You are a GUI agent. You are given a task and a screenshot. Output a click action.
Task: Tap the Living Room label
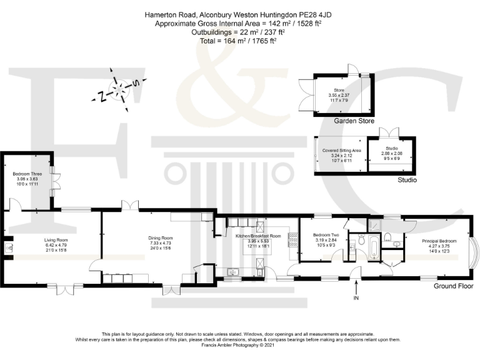pos(56,240)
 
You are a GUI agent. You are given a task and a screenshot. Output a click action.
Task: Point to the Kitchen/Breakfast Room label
pos(258,236)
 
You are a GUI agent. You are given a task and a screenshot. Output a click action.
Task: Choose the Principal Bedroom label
pos(439,241)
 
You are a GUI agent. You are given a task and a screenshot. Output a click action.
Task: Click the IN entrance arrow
pos(357,288)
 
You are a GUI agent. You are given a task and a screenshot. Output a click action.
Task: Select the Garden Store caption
pos(354,121)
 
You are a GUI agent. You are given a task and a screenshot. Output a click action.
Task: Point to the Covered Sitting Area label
pos(341,151)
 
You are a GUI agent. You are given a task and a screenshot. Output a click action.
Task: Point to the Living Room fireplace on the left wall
pos(9,249)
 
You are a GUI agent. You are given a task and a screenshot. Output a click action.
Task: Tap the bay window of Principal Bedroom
pos(477,253)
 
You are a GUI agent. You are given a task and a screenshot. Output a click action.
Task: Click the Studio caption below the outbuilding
pos(407,181)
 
